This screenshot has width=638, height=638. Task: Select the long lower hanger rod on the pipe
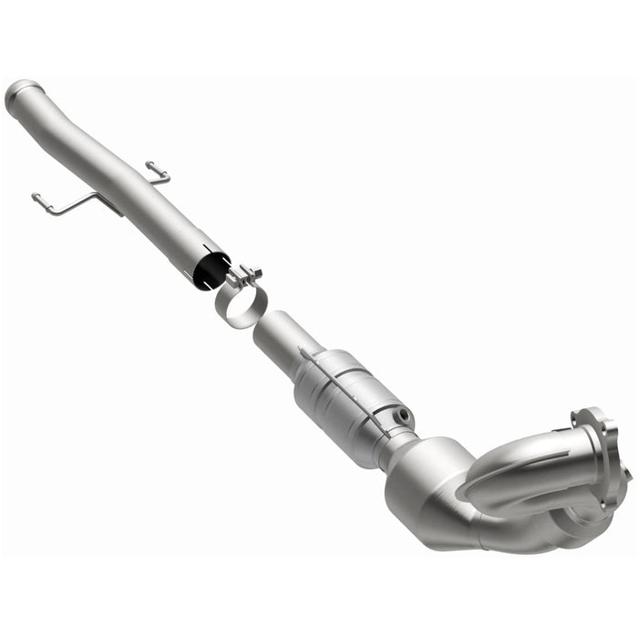[68, 203]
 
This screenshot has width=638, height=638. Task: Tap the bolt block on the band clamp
[244, 274]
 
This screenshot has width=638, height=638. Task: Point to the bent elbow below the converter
[428, 483]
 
